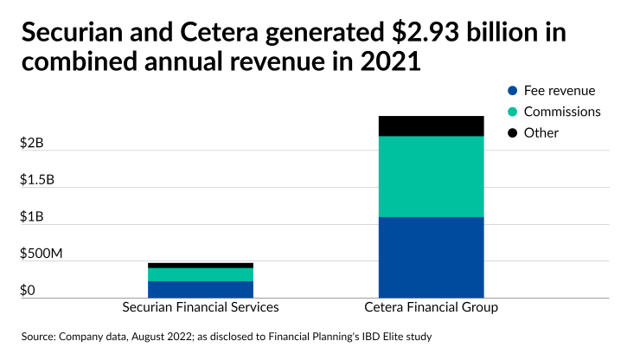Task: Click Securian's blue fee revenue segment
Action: [x=201, y=289]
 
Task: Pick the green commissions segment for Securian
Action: [x=201, y=274]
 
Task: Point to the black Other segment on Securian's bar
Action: [x=201, y=265]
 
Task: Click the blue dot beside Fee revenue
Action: [x=513, y=90]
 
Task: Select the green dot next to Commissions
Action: [x=513, y=112]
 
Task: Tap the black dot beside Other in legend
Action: [x=513, y=132]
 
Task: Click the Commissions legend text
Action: [x=562, y=112]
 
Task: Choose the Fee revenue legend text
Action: [x=560, y=90]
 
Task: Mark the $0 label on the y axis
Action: [x=28, y=290]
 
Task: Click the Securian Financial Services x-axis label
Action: [x=201, y=308]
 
